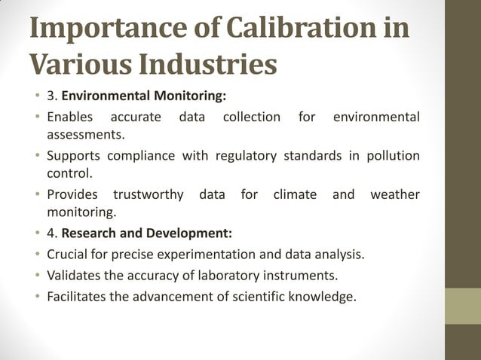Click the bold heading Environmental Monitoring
click(x=144, y=97)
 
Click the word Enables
click(x=69, y=117)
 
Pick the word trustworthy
click(x=148, y=194)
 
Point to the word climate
click(x=295, y=194)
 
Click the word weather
click(x=395, y=194)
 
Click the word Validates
click(x=73, y=275)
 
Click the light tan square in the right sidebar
click(x=463, y=306)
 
